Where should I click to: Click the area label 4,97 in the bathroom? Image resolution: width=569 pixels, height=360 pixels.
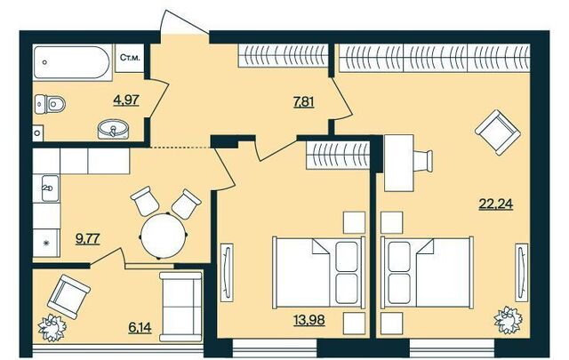(x=126, y=100)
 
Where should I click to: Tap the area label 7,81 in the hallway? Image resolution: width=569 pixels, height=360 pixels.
(x=303, y=103)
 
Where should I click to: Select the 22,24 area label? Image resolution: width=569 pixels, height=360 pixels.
(x=496, y=204)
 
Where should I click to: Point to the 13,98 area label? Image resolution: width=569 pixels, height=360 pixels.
(x=309, y=320)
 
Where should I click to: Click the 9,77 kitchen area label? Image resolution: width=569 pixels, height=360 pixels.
(x=88, y=239)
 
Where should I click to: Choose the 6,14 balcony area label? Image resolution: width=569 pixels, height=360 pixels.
(x=140, y=328)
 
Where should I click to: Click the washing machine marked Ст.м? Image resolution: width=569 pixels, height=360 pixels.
(x=130, y=58)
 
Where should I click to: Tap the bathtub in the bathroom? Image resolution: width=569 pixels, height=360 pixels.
(x=71, y=62)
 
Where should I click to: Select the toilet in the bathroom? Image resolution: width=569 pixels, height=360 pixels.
(x=50, y=104)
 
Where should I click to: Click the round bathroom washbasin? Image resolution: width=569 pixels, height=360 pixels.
(x=114, y=130)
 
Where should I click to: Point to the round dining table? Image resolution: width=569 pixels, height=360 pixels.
(x=164, y=236)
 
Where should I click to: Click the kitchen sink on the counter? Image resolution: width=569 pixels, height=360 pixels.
(x=50, y=188)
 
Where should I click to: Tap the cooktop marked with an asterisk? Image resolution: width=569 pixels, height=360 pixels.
(x=46, y=244)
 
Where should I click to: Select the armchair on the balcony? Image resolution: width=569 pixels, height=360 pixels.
(x=68, y=297)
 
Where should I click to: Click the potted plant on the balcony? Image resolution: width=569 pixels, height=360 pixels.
(x=52, y=328)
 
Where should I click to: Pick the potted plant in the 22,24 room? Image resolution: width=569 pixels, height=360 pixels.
(x=508, y=319)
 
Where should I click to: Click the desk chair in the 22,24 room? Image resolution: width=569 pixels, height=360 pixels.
(x=423, y=160)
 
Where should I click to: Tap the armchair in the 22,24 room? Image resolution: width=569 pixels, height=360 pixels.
(x=498, y=132)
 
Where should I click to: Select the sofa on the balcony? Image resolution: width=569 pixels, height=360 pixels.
(x=180, y=307)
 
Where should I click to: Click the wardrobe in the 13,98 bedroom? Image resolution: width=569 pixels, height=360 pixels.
(x=338, y=156)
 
